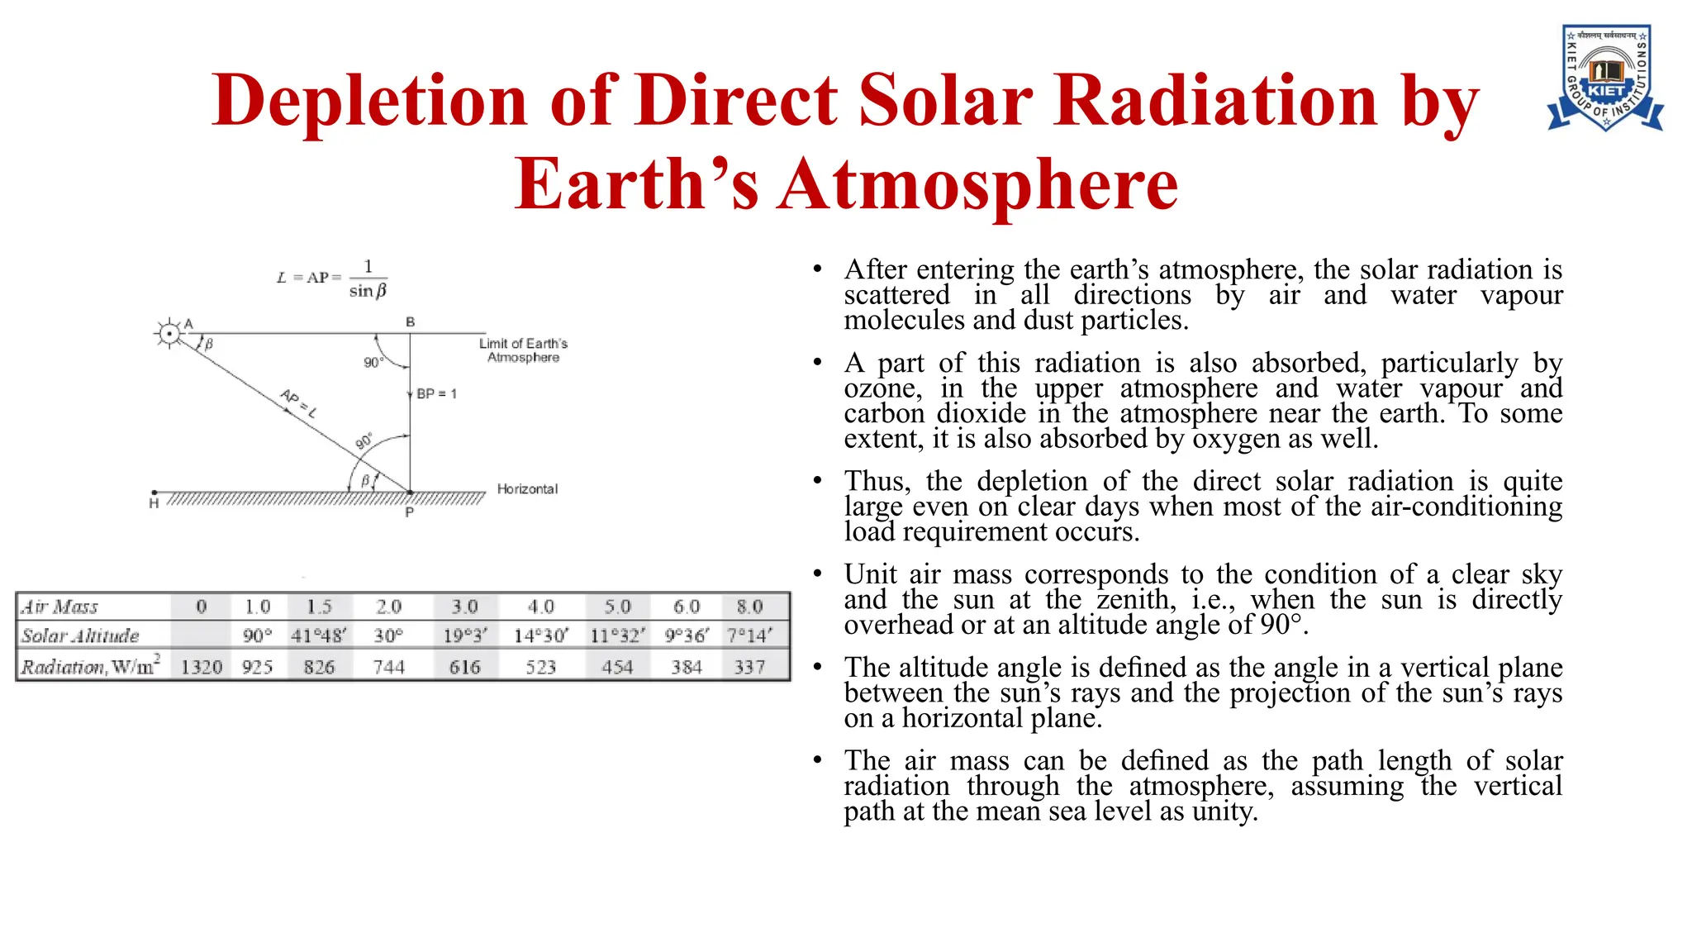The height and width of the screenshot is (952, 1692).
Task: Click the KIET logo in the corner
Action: (1604, 79)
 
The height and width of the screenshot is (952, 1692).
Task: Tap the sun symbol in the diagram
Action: (169, 334)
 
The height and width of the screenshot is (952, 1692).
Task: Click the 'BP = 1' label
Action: (436, 394)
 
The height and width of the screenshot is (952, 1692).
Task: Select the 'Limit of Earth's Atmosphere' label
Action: (523, 350)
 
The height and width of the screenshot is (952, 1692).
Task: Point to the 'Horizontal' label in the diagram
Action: (527, 489)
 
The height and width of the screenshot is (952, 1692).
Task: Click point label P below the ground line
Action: (409, 512)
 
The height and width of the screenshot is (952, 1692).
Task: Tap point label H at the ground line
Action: (154, 503)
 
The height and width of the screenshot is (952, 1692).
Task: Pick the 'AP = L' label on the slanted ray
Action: (299, 402)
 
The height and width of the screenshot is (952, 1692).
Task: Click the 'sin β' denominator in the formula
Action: (368, 291)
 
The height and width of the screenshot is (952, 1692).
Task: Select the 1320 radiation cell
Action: (202, 667)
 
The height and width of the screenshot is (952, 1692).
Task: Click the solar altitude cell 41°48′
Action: (319, 635)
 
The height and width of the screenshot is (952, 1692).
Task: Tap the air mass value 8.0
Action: (749, 607)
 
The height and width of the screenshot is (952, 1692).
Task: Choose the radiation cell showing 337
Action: (749, 667)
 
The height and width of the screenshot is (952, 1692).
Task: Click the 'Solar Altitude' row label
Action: (80, 635)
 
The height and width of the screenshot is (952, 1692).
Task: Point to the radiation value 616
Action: (464, 667)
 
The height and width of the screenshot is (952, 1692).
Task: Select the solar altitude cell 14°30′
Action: (540, 635)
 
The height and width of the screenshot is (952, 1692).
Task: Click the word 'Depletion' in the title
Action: (369, 101)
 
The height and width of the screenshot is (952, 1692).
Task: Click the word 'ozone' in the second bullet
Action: (882, 388)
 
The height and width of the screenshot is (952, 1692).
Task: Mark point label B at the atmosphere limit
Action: (410, 321)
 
